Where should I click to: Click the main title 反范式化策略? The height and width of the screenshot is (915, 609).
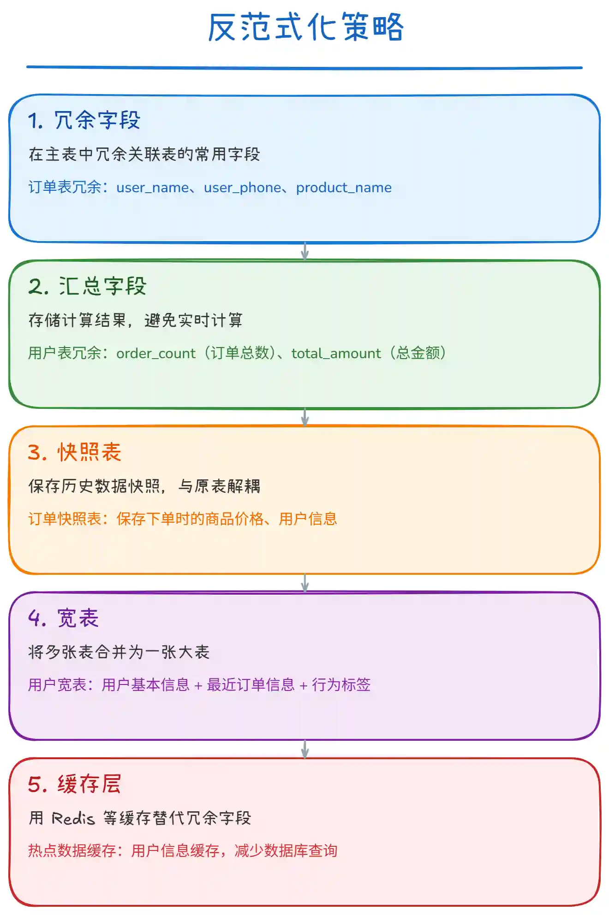305,28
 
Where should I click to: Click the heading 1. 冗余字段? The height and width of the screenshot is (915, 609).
84,121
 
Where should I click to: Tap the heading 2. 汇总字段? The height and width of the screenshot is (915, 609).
87,286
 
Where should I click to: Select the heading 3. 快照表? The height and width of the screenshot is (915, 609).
75,452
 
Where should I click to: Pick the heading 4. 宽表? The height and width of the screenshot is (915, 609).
64,618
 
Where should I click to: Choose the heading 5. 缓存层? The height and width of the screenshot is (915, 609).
75,784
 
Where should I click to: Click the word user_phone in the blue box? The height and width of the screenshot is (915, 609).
242,188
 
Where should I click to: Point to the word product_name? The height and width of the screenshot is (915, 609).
344,188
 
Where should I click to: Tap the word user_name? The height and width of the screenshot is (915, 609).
152,188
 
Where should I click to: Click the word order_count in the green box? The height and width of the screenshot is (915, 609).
156,354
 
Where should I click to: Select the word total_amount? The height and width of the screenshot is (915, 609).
336,354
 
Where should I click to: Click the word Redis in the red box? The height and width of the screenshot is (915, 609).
73,818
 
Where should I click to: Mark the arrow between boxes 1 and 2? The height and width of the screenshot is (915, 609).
304,251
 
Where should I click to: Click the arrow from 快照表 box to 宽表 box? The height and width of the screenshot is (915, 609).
304,583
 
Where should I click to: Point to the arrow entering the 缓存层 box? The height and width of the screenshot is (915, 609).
304,749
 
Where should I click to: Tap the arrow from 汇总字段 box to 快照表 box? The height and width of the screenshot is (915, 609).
304,417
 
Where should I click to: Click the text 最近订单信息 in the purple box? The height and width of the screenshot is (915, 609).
251,685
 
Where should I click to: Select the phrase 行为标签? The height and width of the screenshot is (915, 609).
341,685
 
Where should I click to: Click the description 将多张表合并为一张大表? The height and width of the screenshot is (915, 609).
119,652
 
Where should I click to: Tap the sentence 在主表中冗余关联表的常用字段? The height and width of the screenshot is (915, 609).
144,154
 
